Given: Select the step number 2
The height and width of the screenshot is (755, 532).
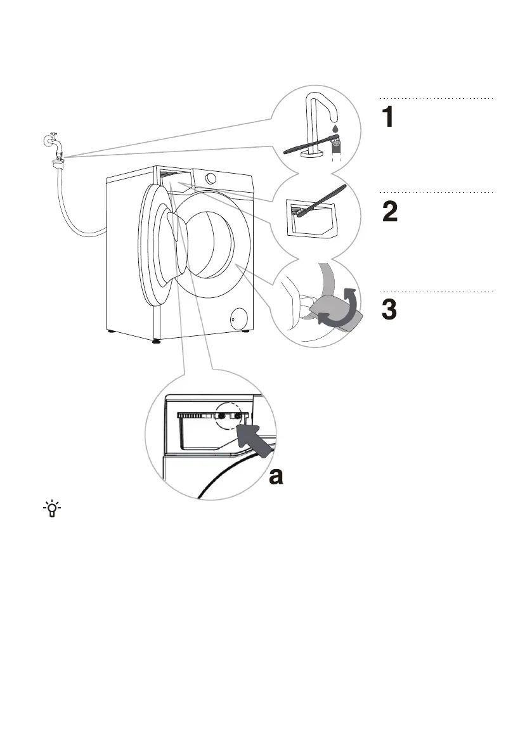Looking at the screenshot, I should coord(391,212).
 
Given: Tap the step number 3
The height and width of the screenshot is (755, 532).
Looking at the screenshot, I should coord(390,309).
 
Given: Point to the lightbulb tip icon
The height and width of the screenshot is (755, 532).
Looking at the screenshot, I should coord(51,509).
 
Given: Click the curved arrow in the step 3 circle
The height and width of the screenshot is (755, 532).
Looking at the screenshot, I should coord(343,307).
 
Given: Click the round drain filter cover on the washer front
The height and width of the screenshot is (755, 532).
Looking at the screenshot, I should coord(238,318).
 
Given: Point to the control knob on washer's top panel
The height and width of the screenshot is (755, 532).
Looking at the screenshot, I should coord(211,179).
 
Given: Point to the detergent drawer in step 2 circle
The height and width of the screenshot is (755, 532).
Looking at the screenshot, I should coord(307,218).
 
